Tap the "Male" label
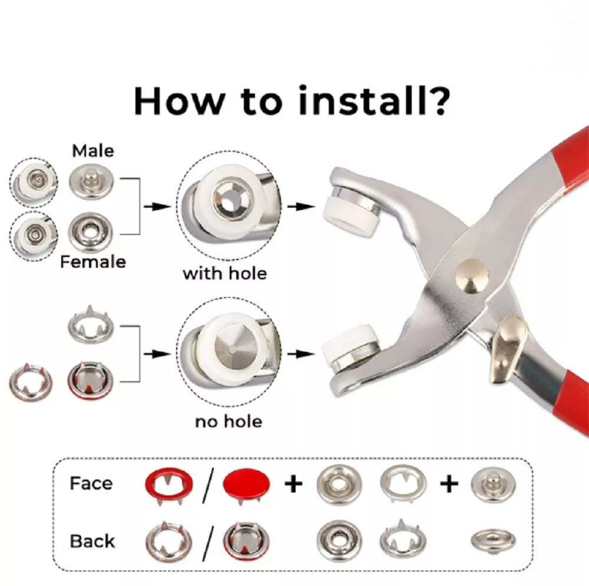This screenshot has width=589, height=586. [x=93, y=151]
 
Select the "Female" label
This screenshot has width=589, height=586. [x=93, y=261]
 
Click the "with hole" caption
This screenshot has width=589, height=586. [x=224, y=274]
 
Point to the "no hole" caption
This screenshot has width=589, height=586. [x=229, y=422]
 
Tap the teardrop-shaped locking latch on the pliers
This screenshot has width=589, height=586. [x=508, y=347]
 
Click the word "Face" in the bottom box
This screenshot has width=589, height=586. [x=91, y=483]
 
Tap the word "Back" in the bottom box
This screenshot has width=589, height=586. [x=92, y=541]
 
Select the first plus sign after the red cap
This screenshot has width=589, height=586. [x=293, y=484]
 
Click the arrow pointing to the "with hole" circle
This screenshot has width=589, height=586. [x=157, y=207]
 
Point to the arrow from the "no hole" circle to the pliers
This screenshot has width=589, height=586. [x=301, y=354]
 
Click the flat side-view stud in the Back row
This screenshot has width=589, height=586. [x=493, y=541]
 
